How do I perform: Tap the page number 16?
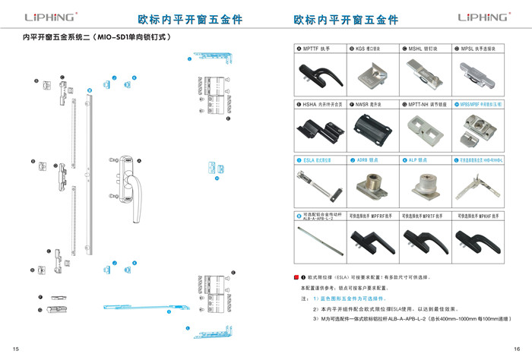click(516, 348)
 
